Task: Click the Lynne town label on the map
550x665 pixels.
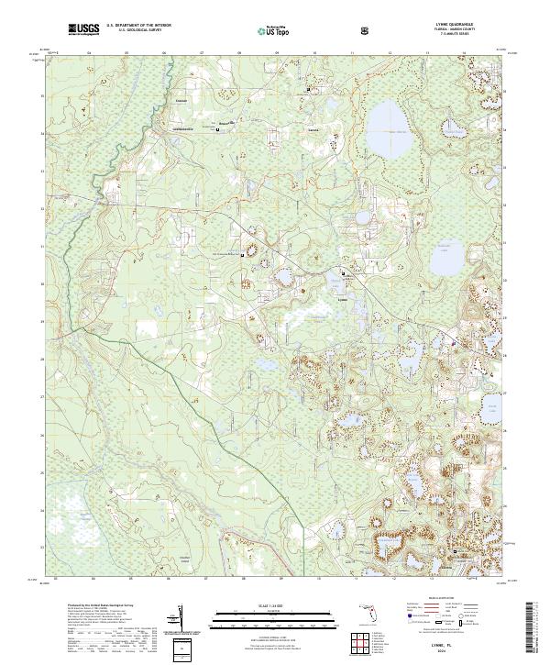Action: [343, 299]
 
